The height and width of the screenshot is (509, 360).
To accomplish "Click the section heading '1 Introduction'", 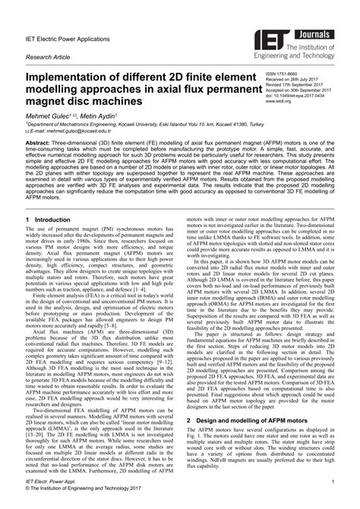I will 52,240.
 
